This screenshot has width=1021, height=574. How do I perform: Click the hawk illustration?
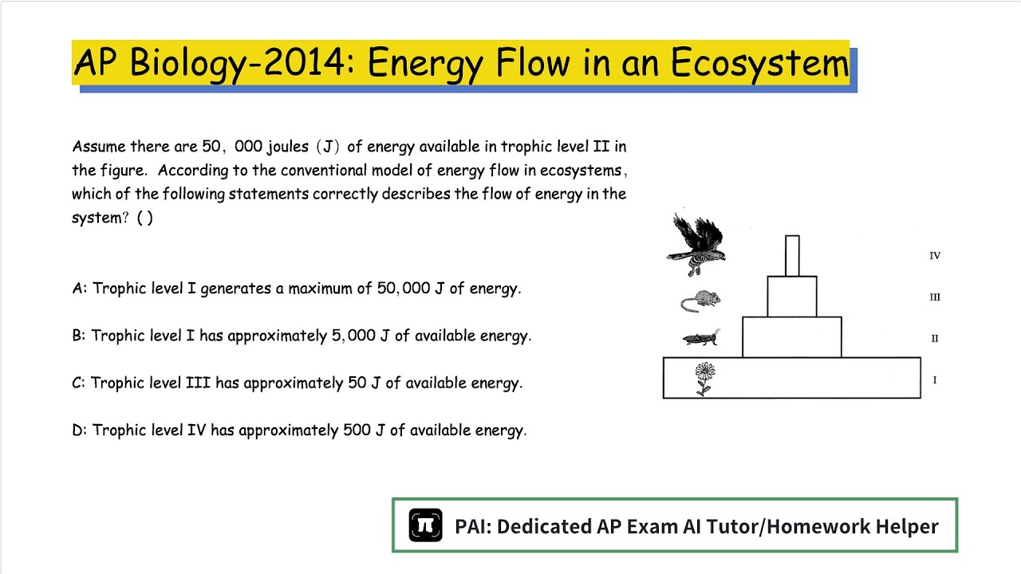(x=696, y=239)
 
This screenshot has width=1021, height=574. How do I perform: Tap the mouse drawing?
(x=701, y=301)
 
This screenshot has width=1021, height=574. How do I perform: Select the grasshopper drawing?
(x=702, y=338)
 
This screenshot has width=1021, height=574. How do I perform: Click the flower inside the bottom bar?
(x=704, y=378)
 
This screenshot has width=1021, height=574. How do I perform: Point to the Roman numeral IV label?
(x=935, y=256)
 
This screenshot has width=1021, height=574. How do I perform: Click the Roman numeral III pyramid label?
(x=935, y=297)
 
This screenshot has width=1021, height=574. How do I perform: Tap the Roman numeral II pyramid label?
(x=935, y=339)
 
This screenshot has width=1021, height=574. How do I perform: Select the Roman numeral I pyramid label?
(x=935, y=380)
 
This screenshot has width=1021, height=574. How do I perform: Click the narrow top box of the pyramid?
(x=792, y=256)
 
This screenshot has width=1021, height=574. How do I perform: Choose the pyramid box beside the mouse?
(x=792, y=297)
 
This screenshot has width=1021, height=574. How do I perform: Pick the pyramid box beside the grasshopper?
(x=792, y=337)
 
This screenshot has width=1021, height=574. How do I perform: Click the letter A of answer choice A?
(x=78, y=289)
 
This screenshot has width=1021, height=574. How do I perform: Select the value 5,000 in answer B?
(x=353, y=336)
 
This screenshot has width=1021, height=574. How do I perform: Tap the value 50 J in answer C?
(x=364, y=383)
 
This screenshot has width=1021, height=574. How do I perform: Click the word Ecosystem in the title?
(x=759, y=63)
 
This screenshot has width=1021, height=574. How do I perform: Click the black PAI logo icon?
(x=425, y=526)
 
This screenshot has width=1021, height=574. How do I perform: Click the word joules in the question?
(x=282, y=147)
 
